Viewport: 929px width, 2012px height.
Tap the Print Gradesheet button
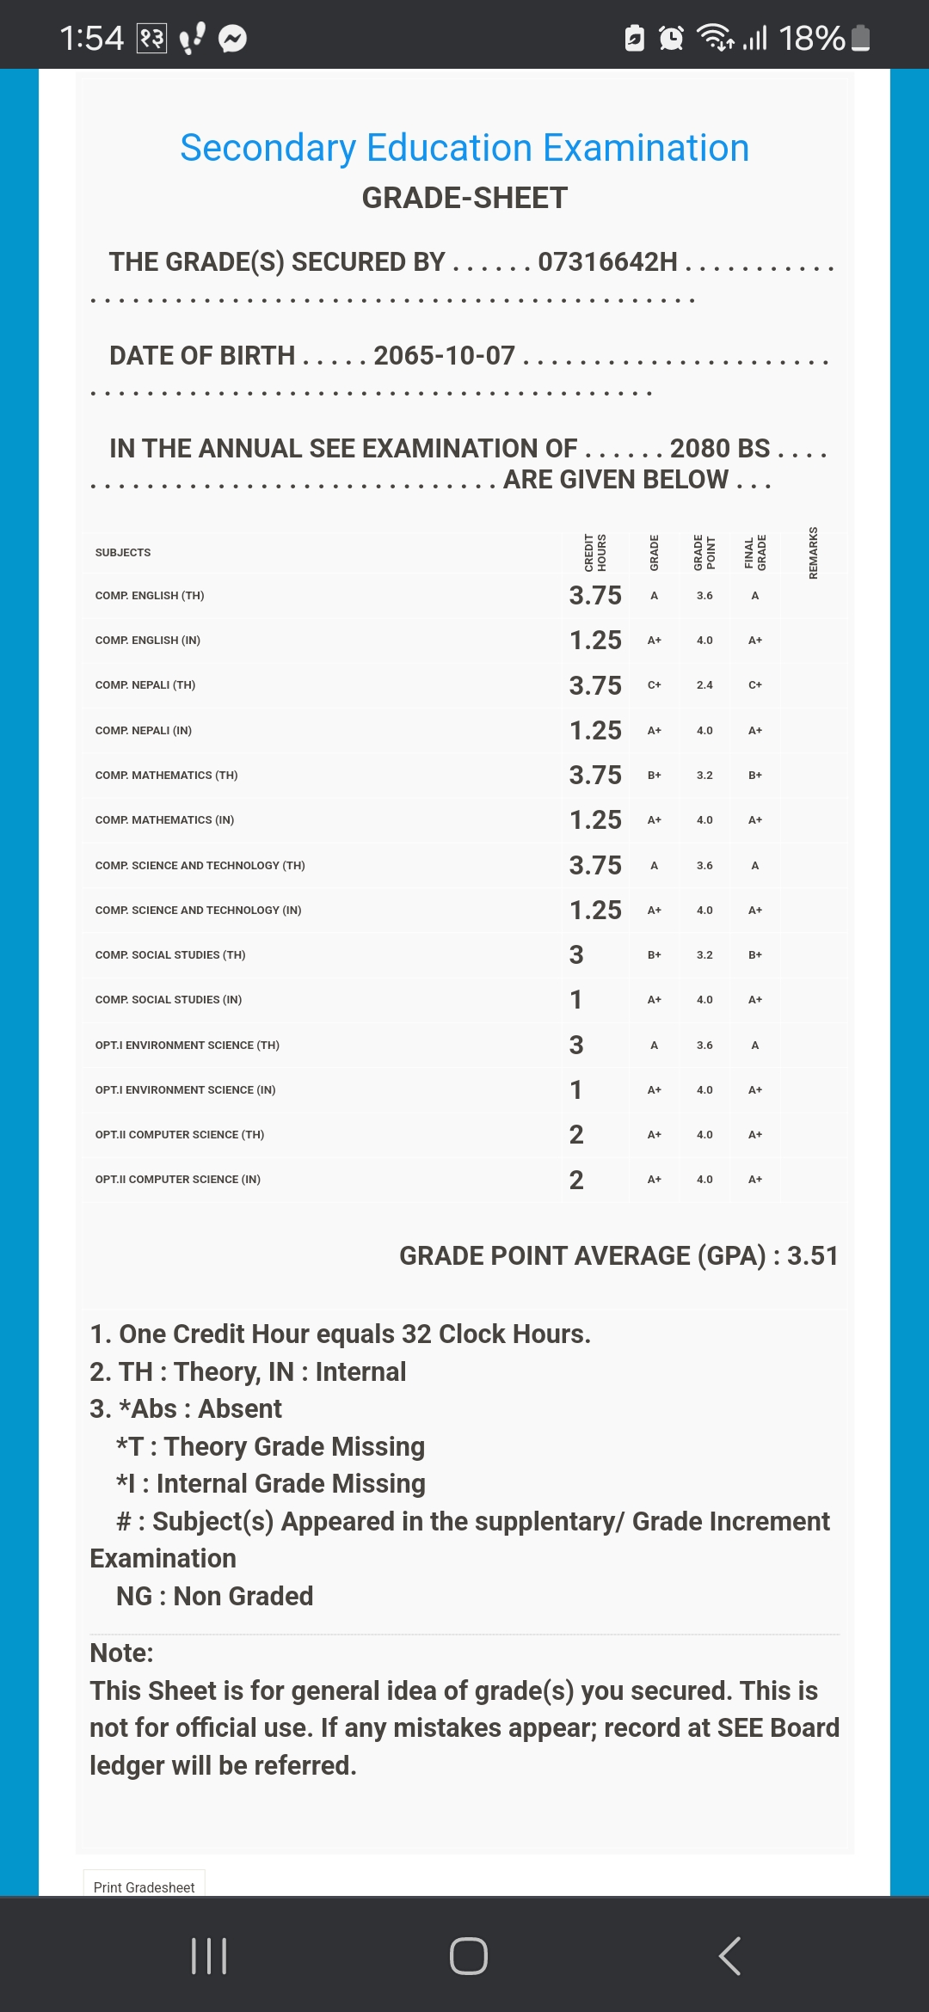pos(144,1886)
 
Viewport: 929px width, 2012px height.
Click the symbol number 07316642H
pos(607,261)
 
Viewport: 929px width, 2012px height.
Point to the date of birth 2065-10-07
pos(444,355)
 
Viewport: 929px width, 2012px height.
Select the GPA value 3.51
pos(812,1255)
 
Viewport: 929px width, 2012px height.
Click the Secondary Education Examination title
pos(464,148)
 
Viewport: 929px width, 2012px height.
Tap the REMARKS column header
pos(813,553)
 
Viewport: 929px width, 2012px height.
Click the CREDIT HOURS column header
pos(595,553)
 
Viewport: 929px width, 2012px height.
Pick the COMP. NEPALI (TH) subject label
pos(145,685)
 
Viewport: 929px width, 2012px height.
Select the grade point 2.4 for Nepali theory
pos(704,685)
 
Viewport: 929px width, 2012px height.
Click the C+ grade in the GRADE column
pos(654,685)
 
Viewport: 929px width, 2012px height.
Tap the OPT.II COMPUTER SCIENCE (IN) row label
pos(178,1180)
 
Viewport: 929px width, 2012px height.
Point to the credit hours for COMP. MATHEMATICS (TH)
pos(595,775)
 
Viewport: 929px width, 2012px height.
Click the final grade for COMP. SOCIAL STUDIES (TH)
pos(755,954)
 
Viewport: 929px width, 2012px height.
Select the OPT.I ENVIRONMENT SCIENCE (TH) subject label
pos(188,1045)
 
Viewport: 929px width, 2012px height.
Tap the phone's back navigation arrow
pos(729,1956)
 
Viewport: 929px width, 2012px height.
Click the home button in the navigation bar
pos(468,1956)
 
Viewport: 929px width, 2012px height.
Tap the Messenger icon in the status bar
pos(232,39)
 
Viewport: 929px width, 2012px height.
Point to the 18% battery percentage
pos(811,39)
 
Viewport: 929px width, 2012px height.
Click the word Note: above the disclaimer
pos(121,1653)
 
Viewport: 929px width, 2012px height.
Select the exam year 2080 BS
pos(720,448)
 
